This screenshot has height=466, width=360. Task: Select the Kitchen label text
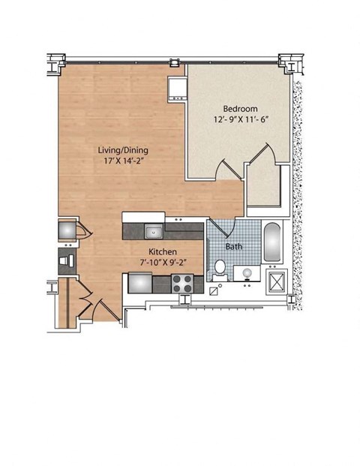pos(162,252)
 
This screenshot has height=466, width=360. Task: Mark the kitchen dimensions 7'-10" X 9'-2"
pos(162,263)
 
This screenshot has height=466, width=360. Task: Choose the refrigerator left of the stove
pos(140,283)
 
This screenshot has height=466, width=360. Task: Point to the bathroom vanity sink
pos(244,273)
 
